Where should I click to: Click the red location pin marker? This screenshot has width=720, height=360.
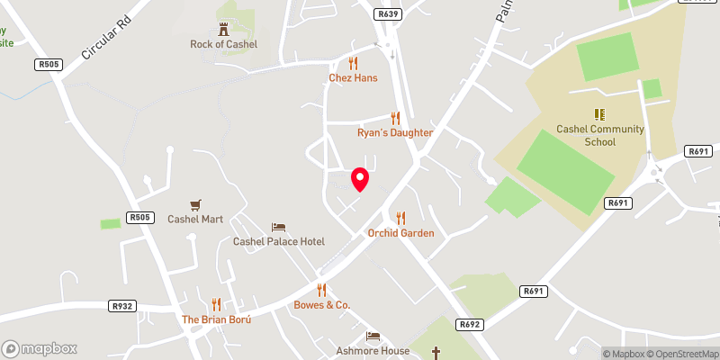[x=360, y=179]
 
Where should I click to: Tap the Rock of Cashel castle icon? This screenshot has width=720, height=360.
[x=223, y=30]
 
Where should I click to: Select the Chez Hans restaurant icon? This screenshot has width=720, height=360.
[x=353, y=63]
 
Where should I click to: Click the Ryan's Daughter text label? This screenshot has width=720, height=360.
[x=394, y=132]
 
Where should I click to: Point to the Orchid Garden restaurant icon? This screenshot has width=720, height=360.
[x=400, y=218]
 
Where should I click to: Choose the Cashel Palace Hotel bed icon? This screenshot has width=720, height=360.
[x=279, y=227]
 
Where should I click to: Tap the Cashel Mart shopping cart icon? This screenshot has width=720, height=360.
[x=195, y=205]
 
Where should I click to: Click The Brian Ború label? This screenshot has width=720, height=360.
[x=216, y=319]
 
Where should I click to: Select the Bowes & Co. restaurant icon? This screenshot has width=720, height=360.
[x=321, y=290]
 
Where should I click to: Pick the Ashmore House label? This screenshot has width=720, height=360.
[x=373, y=351]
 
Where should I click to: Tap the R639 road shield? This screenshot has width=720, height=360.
[x=388, y=14]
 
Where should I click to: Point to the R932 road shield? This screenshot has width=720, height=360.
[x=121, y=306]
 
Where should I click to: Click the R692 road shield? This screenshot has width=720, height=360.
[x=468, y=324]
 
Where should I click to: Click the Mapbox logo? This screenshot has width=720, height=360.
[x=40, y=348]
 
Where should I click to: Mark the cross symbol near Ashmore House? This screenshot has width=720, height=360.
[x=437, y=351]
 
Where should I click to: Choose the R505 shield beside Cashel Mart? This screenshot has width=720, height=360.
[x=139, y=217]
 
